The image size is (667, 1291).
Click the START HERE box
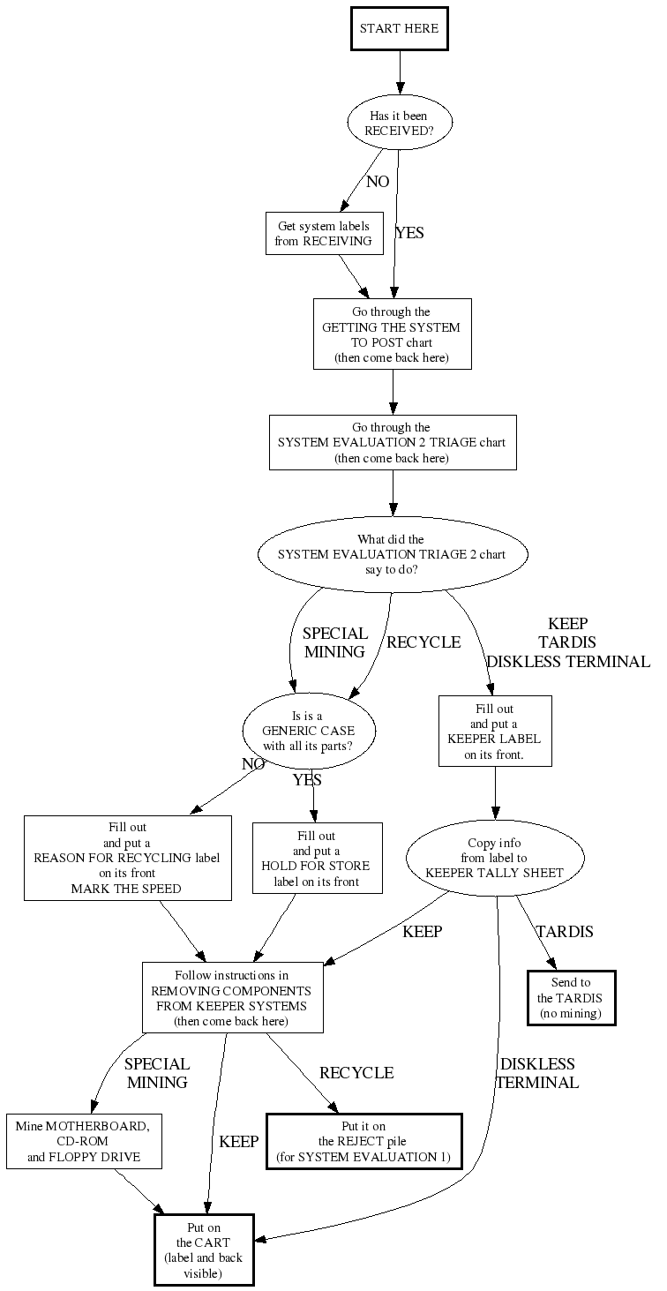[399, 29]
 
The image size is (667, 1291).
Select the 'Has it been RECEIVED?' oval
[400, 124]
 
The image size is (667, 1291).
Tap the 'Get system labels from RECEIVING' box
[324, 234]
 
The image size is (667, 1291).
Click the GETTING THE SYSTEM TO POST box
[392, 334]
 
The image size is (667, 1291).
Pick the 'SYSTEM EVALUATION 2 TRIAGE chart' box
[392, 442]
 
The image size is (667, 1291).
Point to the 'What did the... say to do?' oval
[392, 554]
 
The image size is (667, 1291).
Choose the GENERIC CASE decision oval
[309, 731]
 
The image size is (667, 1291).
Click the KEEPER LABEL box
[494, 732]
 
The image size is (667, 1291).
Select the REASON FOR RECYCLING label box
[127, 858]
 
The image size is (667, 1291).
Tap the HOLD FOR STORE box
[317, 858]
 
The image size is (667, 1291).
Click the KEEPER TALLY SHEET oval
[494, 858]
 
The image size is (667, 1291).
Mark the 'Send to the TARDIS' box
[571, 998]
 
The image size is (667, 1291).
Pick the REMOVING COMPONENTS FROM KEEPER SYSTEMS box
[232, 997]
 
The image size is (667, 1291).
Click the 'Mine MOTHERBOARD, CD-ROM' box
[84, 1141]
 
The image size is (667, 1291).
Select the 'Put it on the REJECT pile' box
[363, 1141]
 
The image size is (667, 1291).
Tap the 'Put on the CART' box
[204, 1250]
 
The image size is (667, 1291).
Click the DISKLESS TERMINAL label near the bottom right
[537, 1073]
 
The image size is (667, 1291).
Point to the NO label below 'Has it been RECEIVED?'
[378, 183]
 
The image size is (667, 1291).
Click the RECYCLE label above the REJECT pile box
[356, 1073]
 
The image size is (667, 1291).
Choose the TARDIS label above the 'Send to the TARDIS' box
[565, 932]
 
